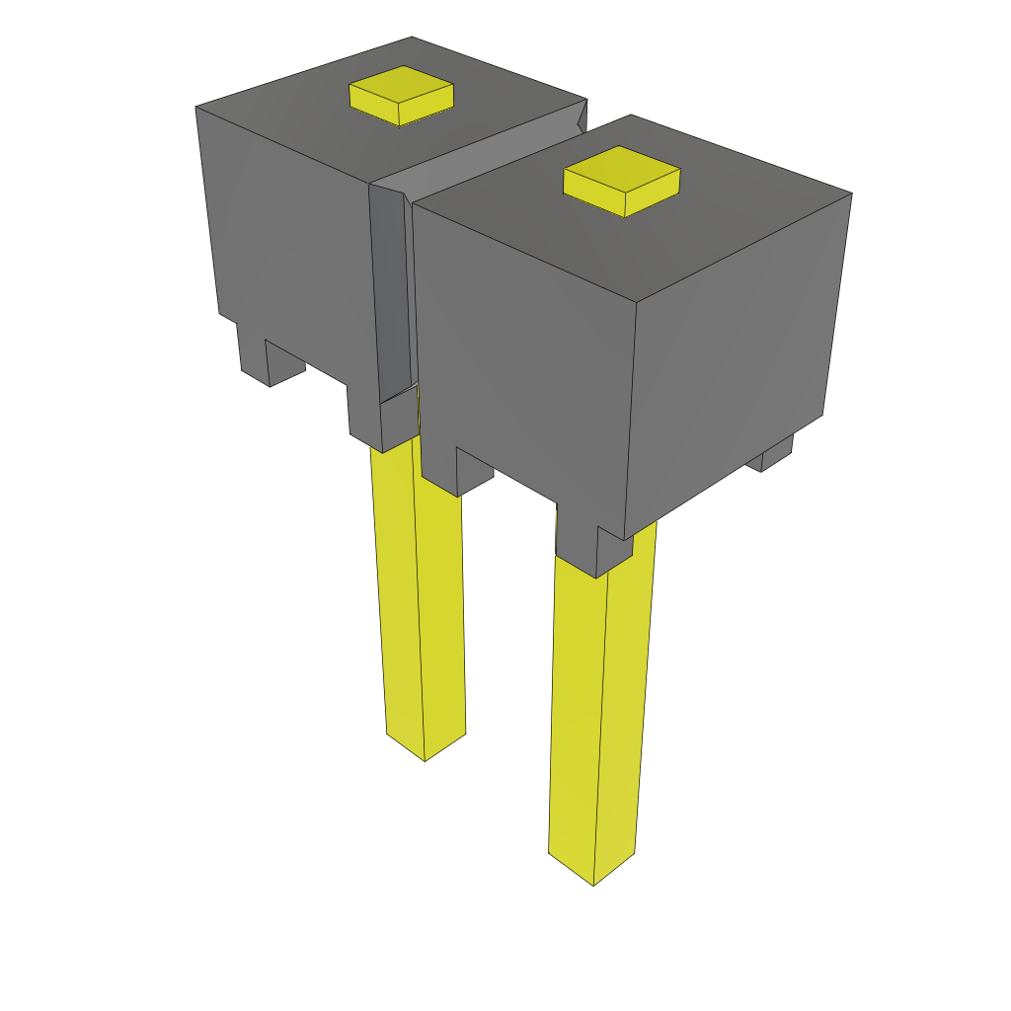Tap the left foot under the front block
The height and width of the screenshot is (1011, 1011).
(x=457, y=474)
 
